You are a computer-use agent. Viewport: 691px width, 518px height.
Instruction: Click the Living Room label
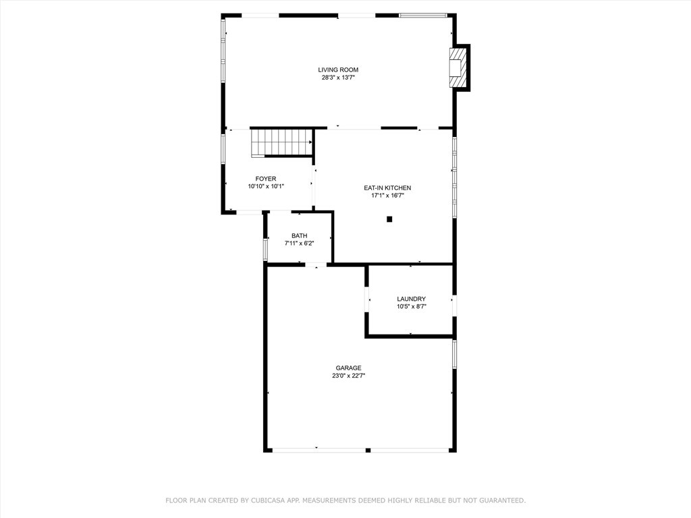click(x=338, y=69)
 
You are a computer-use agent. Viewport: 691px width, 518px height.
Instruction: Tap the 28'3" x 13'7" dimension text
click(x=338, y=78)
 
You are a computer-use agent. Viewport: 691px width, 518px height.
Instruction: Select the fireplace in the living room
click(x=458, y=67)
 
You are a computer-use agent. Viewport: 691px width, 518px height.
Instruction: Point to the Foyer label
click(x=266, y=179)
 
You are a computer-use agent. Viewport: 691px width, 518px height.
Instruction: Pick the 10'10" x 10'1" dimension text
click(x=266, y=187)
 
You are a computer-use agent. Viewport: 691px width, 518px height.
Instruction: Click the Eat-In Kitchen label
click(x=387, y=188)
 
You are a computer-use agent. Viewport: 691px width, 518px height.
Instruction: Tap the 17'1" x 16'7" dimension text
click(x=387, y=196)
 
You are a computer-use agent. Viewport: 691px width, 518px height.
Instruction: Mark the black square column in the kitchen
click(x=389, y=219)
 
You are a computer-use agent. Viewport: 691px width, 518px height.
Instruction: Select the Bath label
click(x=300, y=235)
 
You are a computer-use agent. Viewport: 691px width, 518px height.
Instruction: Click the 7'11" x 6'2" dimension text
click(x=300, y=243)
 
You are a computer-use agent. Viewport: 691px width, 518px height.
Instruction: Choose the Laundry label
click(x=412, y=299)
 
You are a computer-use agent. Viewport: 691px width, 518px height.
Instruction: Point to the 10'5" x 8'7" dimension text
click(x=412, y=307)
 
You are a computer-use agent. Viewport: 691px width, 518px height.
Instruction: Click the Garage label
click(x=349, y=368)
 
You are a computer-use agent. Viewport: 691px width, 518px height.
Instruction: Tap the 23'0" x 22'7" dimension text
click(x=349, y=376)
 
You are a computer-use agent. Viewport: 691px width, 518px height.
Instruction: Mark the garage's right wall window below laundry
click(x=454, y=355)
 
